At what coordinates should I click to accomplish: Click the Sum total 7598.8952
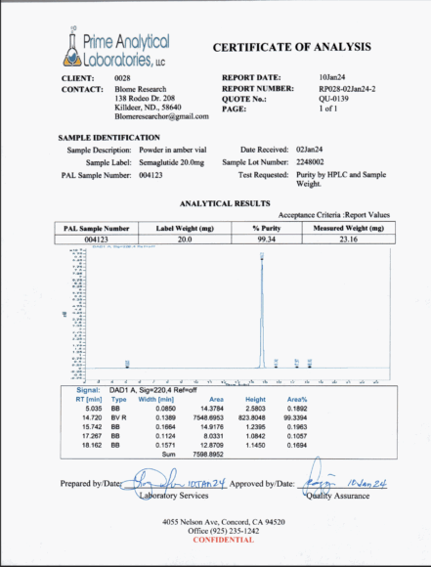tap(206, 454)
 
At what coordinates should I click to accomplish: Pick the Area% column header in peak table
tap(298, 399)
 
